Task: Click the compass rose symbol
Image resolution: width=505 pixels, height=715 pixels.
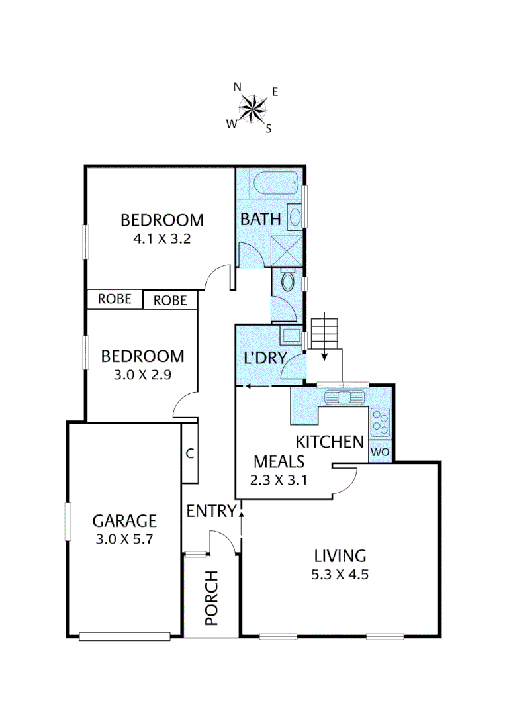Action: pos(253,108)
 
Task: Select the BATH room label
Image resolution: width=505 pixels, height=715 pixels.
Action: pos(260,219)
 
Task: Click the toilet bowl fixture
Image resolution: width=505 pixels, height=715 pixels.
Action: pos(287,281)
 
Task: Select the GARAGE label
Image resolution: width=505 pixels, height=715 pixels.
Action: pos(124,520)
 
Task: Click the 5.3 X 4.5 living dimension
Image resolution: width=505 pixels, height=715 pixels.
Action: pos(340,574)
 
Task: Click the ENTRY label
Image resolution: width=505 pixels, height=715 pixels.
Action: pos(211,511)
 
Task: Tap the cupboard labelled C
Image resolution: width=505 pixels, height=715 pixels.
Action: pos(189,453)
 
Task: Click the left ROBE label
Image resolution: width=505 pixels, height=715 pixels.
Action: pos(115,299)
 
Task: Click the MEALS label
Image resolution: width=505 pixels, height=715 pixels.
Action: pos(279,461)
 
